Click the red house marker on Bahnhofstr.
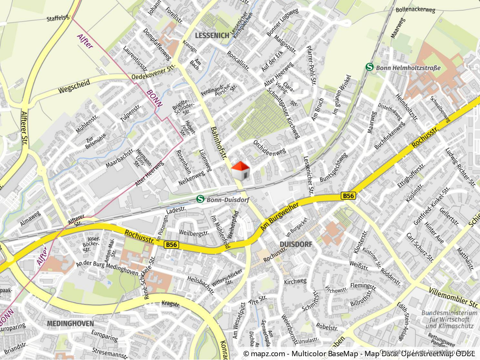(240, 171)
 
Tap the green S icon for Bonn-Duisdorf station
(200, 199)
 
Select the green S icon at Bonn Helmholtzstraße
(369, 67)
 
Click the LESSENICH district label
(212, 35)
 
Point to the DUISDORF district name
(295, 244)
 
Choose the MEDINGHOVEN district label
(70, 324)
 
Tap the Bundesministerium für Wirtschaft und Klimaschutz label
(449, 319)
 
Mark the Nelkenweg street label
(192, 177)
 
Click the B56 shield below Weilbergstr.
(171, 245)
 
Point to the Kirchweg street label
(295, 281)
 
